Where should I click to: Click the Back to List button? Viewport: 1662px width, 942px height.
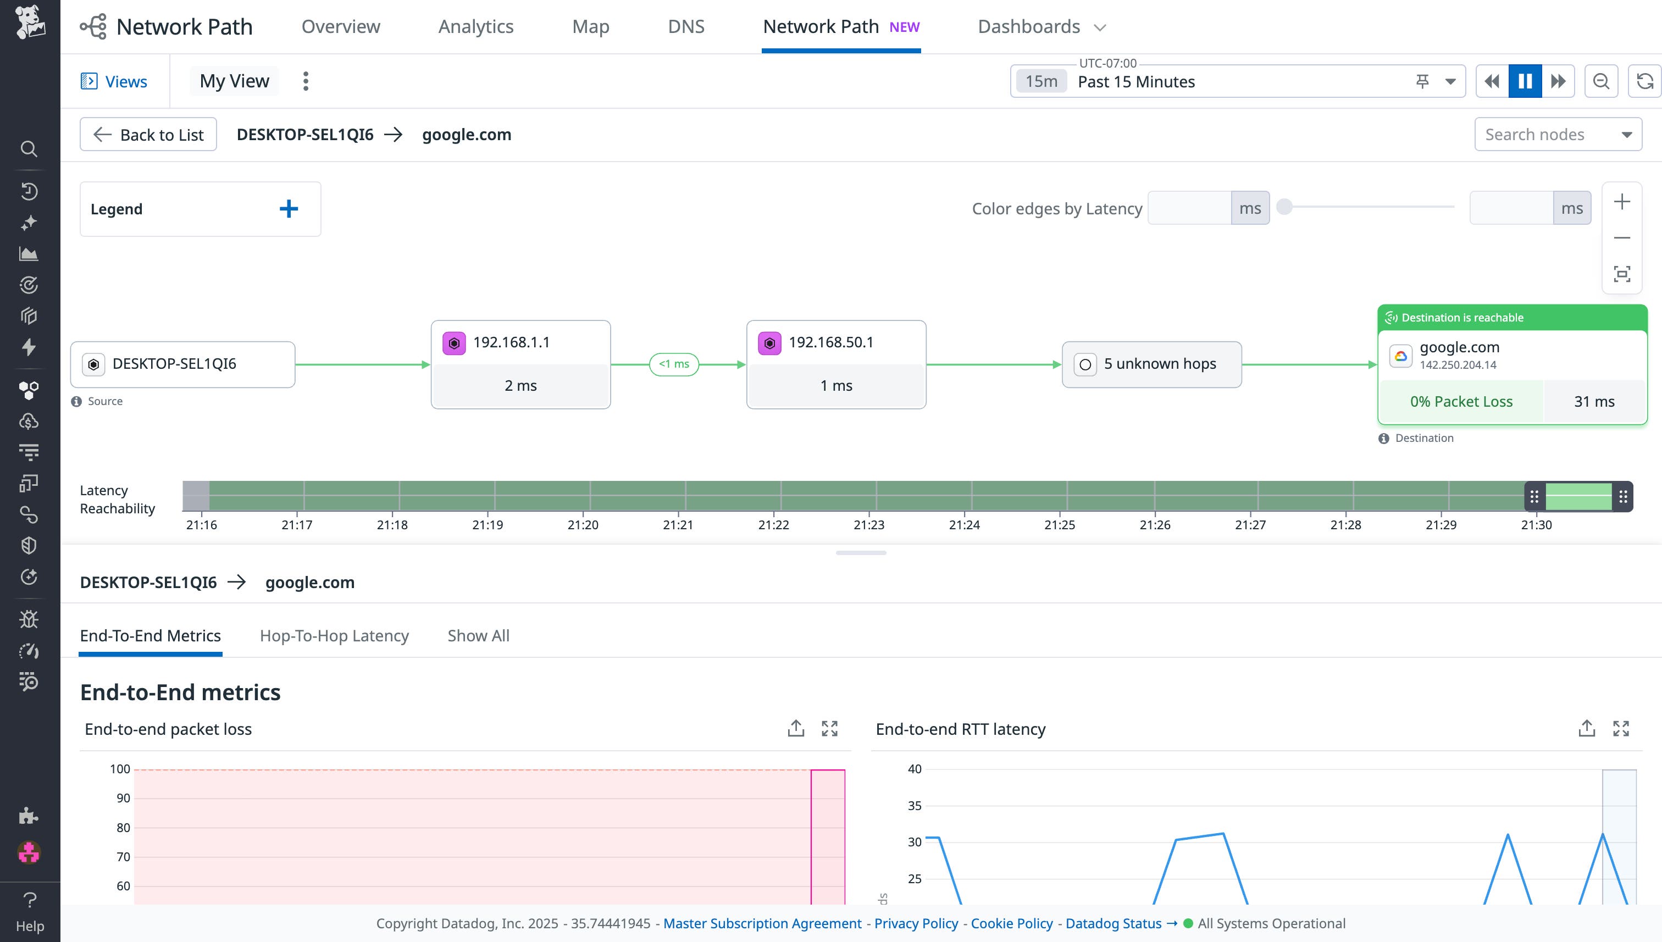[x=148, y=135]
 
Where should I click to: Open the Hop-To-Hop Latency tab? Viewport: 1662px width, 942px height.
[x=334, y=635]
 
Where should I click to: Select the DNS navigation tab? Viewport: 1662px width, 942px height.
[x=686, y=26]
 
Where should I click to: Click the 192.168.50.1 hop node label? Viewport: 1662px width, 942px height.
[x=830, y=342]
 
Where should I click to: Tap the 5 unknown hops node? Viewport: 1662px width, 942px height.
[x=1151, y=364]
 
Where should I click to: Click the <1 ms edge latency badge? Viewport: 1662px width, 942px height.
[x=673, y=364]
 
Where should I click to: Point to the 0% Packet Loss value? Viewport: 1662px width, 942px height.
[x=1461, y=402]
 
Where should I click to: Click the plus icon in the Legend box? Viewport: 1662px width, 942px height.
[x=289, y=208]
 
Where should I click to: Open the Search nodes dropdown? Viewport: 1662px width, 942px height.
[x=1558, y=135]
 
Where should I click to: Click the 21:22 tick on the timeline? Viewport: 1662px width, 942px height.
[x=774, y=525]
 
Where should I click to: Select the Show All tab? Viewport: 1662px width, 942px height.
[x=478, y=635]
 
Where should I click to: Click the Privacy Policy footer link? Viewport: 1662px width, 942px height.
[x=916, y=923]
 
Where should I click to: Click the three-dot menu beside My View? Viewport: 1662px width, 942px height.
[x=306, y=81]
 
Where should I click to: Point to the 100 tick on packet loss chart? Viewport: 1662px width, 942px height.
[x=120, y=769]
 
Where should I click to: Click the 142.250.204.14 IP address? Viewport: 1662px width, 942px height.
[x=1458, y=365]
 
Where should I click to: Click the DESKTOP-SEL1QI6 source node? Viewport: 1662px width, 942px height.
[x=182, y=364]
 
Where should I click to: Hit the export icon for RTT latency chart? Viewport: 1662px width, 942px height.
[x=1586, y=729]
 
